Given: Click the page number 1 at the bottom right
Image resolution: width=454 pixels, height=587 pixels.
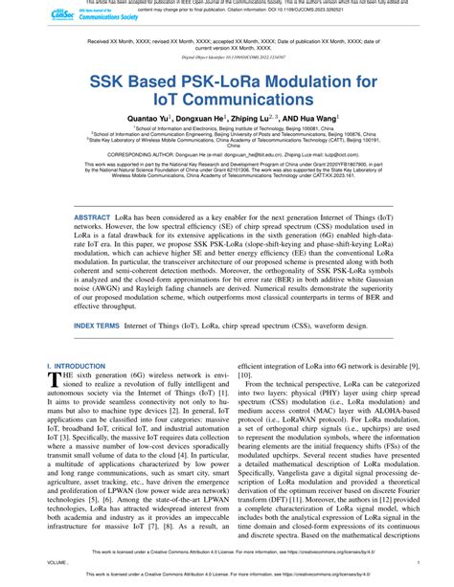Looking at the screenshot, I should (419, 564).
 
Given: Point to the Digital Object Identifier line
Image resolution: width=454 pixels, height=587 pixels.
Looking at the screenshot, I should (227, 56).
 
